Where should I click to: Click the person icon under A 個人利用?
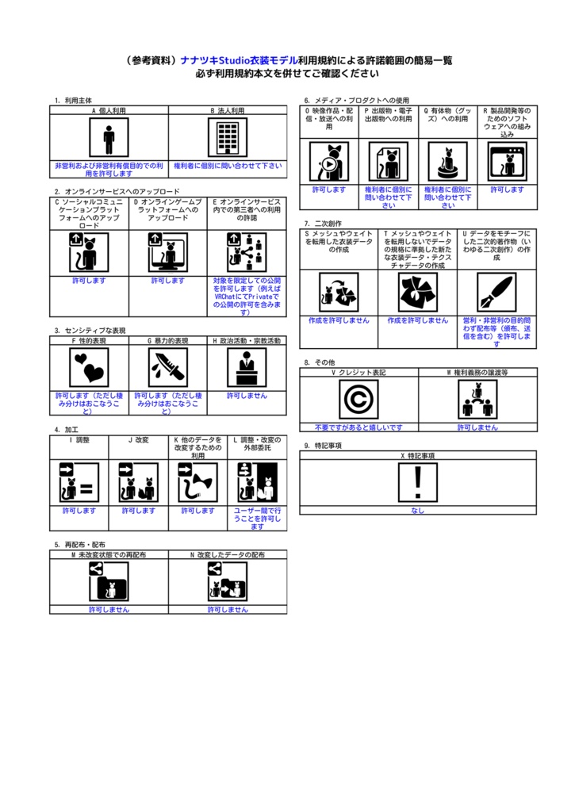[109, 137]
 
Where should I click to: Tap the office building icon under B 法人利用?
[228, 137]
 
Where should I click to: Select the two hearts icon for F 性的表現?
[89, 367]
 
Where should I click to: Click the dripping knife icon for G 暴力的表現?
[168, 367]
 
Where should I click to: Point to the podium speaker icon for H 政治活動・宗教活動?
[247, 367]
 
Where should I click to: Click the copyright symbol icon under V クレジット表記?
[358, 400]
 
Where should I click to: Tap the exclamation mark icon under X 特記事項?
[417, 483]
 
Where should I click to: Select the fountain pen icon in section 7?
[496, 293]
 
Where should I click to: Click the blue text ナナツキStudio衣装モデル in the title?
[239, 60]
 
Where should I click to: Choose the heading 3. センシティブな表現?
[90, 331]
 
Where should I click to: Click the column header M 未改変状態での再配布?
[109, 554]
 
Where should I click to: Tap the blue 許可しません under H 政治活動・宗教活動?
[247, 396]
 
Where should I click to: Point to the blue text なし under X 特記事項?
[417, 511]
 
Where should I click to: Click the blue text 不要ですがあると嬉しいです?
[358, 427]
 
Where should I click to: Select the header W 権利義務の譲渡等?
[477, 373]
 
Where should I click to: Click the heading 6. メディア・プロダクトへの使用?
[357, 101]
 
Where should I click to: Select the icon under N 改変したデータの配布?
[228, 581]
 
